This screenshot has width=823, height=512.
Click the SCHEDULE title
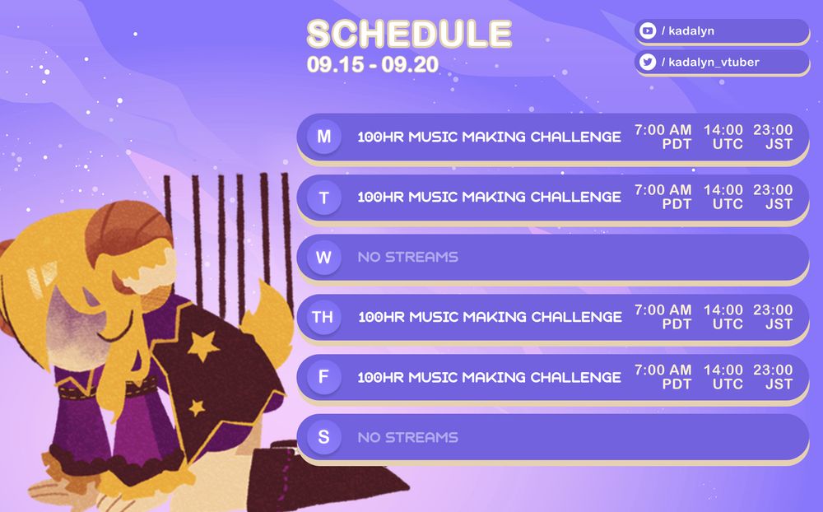pyautogui.click(x=409, y=34)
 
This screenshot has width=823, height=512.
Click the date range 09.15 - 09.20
pyautogui.click(x=373, y=64)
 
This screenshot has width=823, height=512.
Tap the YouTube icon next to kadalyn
pyautogui.click(x=648, y=30)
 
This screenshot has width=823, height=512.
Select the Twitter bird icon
pyautogui.click(x=648, y=62)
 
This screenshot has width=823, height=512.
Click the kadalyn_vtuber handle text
pyautogui.click(x=712, y=62)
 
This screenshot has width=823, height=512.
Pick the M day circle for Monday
pyautogui.click(x=323, y=137)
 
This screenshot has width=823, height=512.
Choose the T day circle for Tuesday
pyautogui.click(x=323, y=198)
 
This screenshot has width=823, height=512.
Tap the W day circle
pyautogui.click(x=323, y=257)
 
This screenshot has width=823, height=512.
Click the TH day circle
pyautogui.click(x=323, y=317)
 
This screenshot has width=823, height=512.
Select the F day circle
pyautogui.click(x=323, y=377)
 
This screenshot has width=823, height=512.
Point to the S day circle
pyautogui.click(x=323, y=437)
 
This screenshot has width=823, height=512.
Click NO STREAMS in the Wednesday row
pyautogui.click(x=407, y=257)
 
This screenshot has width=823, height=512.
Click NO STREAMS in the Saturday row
pyautogui.click(x=407, y=437)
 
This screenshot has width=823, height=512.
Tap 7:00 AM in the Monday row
pyautogui.click(x=663, y=130)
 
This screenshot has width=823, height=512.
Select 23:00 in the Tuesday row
pyautogui.click(x=773, y=190)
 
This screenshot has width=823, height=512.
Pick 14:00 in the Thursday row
pyautogui.click(x=723, y=310)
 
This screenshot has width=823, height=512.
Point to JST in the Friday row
pyautogui.click(x=779, y=384)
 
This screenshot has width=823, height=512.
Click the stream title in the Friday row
pyautogui.click(x=489, y=377)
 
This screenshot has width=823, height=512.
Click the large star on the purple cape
pyautogui.click(x=202, y=346)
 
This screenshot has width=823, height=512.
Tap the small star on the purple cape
pyautogui.click(x=197, y=406)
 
